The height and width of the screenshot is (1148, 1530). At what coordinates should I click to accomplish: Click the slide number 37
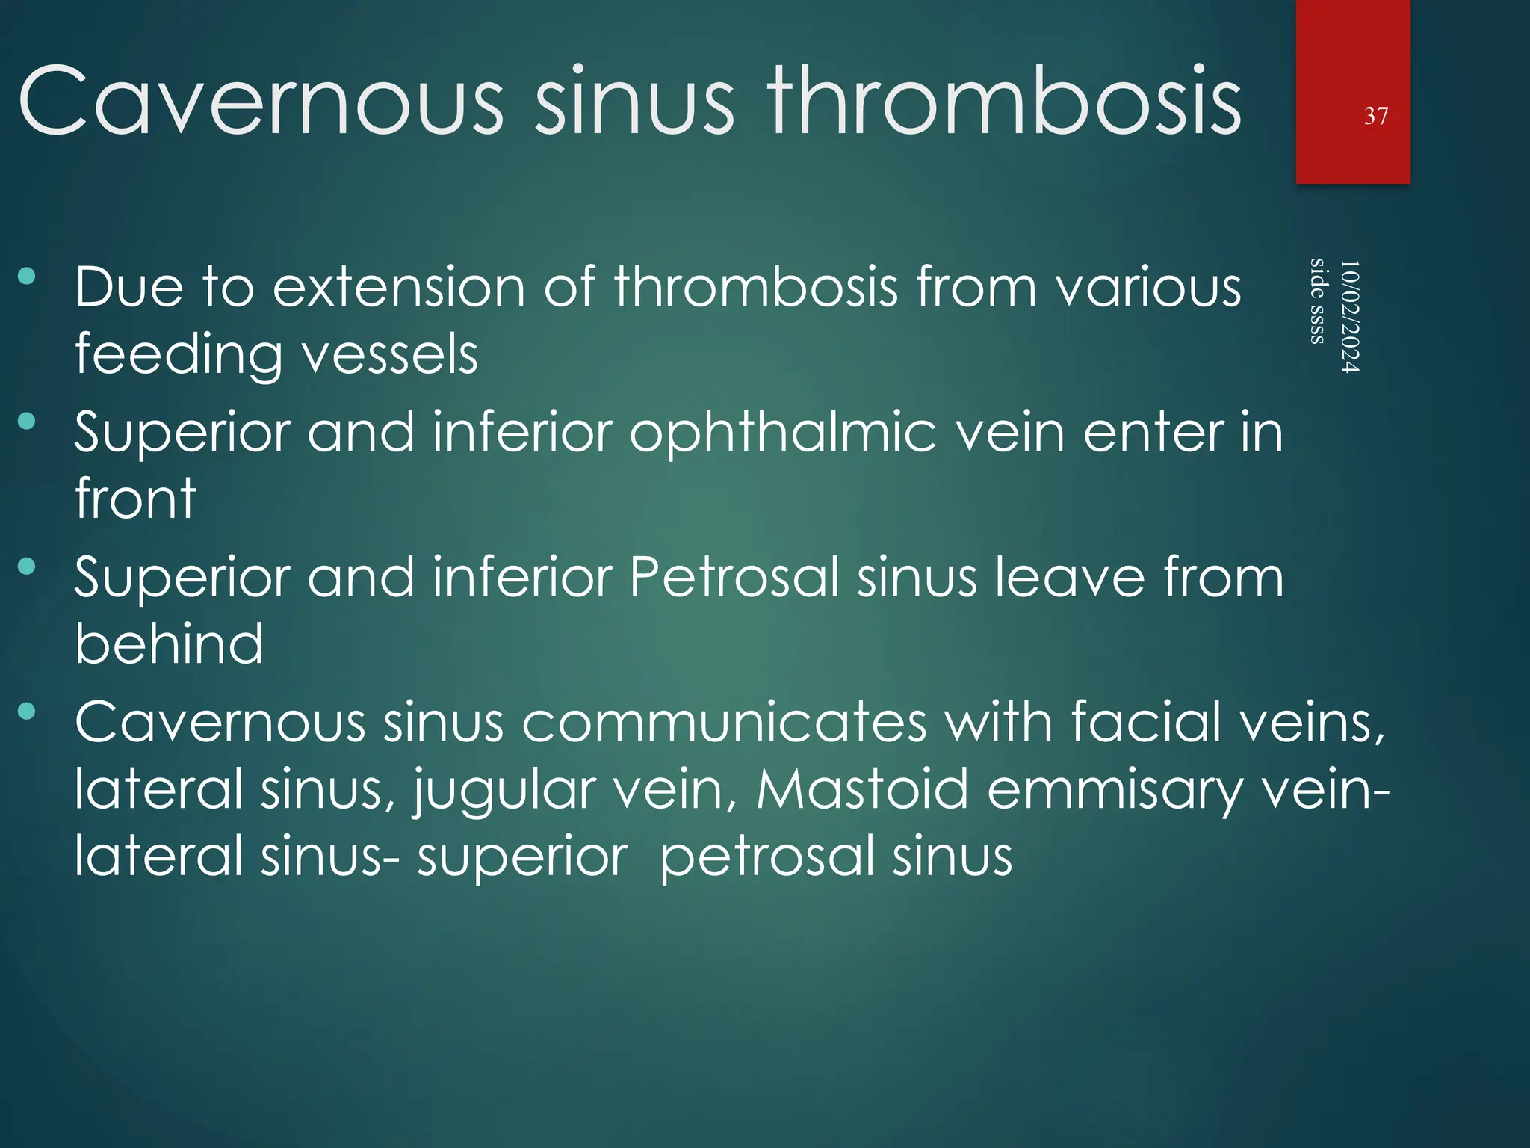1375,116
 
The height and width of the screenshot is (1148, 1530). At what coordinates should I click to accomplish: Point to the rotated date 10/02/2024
1349,316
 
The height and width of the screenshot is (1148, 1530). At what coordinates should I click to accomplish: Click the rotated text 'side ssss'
1318,300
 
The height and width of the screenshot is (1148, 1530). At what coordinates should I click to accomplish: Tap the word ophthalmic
783,433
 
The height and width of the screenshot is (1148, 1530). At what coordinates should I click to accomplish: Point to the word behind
169,644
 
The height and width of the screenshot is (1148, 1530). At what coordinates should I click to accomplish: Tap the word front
135,499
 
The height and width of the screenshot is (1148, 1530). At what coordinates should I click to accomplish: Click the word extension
399,287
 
